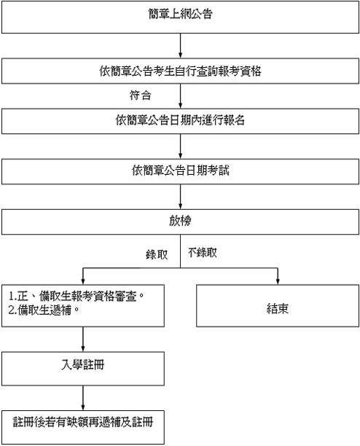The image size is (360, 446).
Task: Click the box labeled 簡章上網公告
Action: (x=180, y=17)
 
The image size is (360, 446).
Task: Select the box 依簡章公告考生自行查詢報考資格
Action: (x=180, y=71)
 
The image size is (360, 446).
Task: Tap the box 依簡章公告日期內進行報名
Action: (x=180, y=121)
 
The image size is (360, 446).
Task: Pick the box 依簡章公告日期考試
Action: (x=180, y=171)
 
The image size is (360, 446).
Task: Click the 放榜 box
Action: (x=180, y=222)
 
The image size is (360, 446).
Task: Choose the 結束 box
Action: (x=278, y=305)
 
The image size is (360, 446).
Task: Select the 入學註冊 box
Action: (x=83, y=369)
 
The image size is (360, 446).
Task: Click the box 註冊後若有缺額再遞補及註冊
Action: (x=83, y=427)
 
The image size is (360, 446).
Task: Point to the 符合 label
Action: (x=140, y=95)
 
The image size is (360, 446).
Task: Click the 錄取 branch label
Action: (x=157, y=254)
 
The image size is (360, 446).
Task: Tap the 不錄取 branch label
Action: (x=203, y=253)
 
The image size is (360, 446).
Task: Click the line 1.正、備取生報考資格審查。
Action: (x=77, y=296)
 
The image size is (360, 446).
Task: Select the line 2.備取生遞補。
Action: (x=44, y=310)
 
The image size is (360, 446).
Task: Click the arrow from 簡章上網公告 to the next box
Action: (x=180, y=46)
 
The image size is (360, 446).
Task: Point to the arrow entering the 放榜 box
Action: (x=180, y=197)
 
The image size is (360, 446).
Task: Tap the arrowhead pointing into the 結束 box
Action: (x=278, y=281)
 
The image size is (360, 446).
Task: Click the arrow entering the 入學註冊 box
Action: (x=83, y=340)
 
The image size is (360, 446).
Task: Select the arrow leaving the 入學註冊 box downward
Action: (x=83, y=398)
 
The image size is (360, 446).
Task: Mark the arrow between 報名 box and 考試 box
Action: (x=180, y=146)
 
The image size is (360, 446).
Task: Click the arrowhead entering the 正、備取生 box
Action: (x=83, y=281)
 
